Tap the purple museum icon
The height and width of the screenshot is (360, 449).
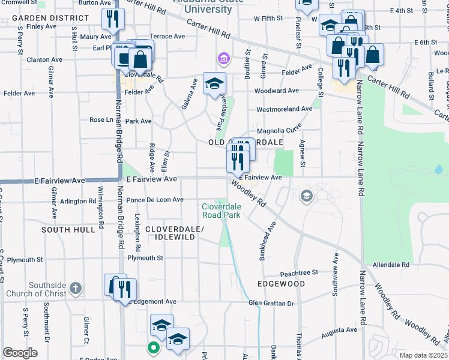[x=223, y=59]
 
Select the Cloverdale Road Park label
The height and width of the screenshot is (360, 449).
[x=221, y=210]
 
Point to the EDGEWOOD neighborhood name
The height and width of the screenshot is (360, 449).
[x=281, y=283]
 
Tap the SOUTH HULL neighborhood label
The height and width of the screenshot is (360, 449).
[x=68, y=230]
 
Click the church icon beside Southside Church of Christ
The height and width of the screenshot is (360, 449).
[x=75, y=289]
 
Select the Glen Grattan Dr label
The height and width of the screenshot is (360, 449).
[x=271, y=304]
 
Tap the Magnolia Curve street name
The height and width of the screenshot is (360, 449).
[x=279, y=131]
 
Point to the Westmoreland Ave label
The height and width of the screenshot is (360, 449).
[x=284, y=109]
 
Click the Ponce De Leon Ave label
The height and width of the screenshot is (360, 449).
[x=154, y=200]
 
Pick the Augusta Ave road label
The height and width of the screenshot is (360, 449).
[x=339, y=330]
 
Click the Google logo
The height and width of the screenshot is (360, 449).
[x=20, y=353]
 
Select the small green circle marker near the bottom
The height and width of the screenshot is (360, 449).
[x=153, y=347]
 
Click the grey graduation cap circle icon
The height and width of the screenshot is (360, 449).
[x=307, y=196]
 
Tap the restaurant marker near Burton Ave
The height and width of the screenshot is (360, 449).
[x=112, y=20]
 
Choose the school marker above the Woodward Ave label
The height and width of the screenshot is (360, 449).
[x=214, y=83]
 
